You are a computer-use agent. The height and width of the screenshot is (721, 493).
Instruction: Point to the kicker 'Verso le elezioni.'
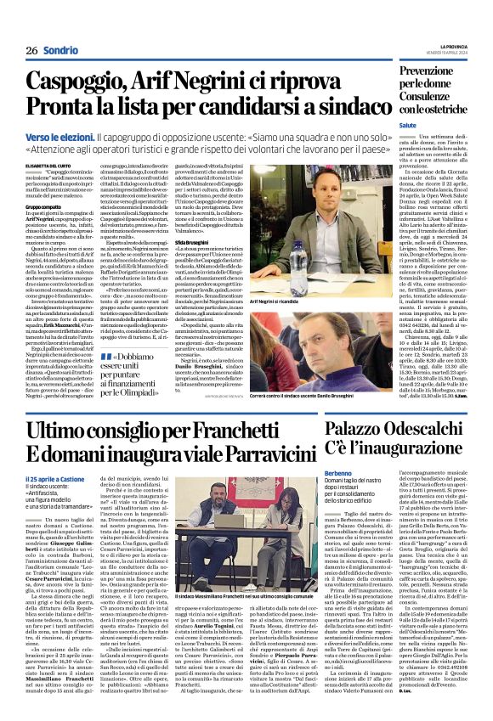point(59,136)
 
